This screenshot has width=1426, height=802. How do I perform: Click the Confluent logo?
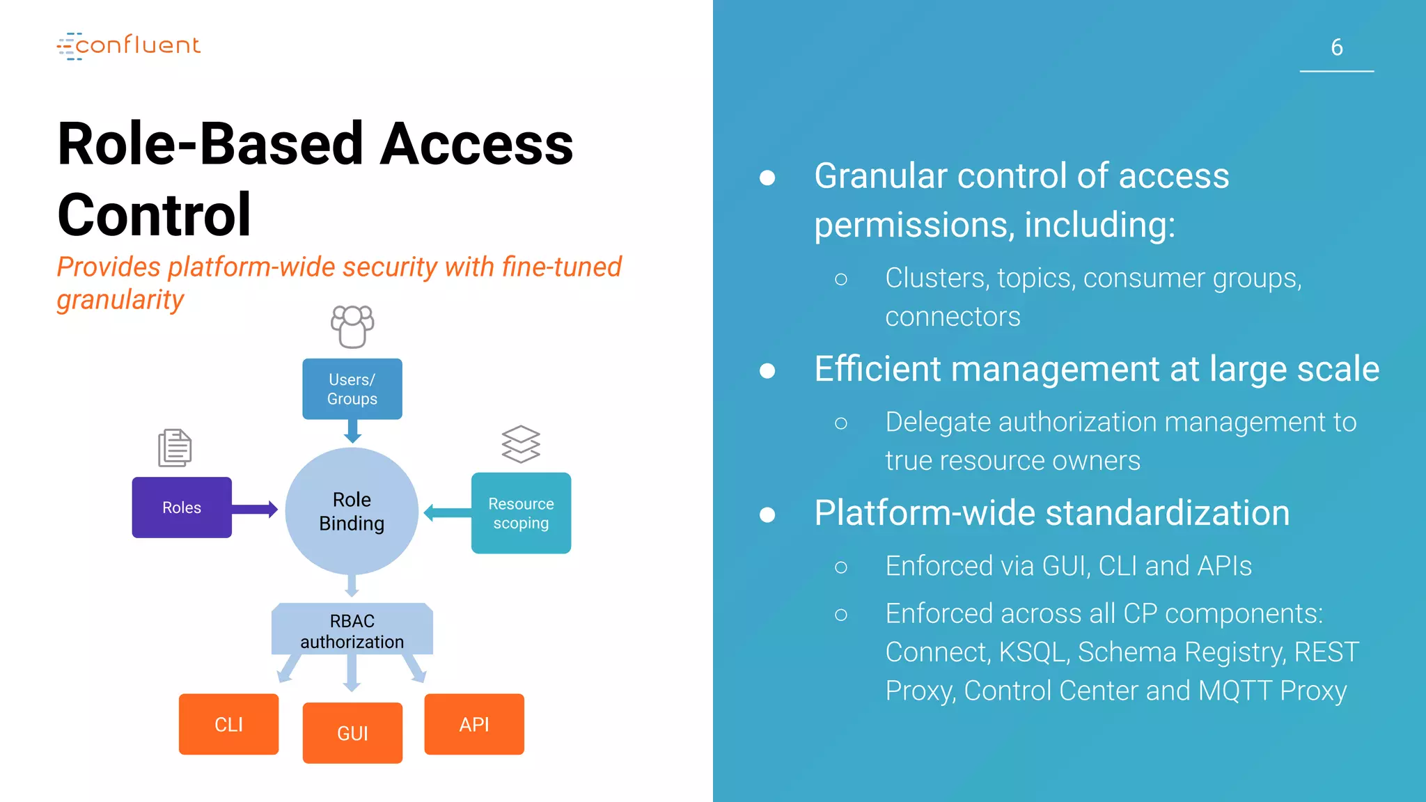(129, 46)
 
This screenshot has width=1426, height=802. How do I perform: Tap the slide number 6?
(1336, 47)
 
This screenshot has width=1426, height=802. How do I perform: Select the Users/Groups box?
(352, 389)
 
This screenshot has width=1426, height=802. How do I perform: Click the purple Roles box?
(182, 508)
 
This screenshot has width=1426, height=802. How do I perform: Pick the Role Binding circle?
(352, 512)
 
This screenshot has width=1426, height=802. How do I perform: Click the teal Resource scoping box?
(521, 513)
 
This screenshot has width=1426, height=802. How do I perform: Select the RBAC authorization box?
(352, 631)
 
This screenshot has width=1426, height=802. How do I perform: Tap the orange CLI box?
(228, 725)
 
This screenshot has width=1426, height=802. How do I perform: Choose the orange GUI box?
(352, 733)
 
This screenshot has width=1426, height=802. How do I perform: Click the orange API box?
(474, 725)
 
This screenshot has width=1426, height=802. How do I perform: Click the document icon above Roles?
(175, 448)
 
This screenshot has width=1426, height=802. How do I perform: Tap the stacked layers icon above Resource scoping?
(521, 444)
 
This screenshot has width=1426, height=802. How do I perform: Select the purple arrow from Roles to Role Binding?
(254, 510)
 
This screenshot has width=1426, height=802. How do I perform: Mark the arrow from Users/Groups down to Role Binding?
(353, 431)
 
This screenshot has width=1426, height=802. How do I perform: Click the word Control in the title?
(154, 215)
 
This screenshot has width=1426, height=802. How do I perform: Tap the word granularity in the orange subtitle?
(120, 300)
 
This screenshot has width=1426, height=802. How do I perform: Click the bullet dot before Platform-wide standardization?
(767, 514)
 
